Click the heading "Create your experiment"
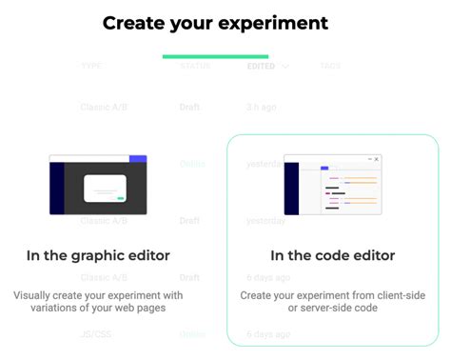(215, 23)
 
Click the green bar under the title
(215, 56)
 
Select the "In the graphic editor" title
(98, 255)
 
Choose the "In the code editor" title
(332, 255)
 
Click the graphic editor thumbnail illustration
(98, 185)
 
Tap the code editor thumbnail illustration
(332, 184)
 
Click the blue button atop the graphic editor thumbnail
(138, 158)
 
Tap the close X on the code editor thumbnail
(377, 159)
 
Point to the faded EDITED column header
(261, 67)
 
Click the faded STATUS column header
(195, 67)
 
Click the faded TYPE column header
(91, 67)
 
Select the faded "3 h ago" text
(262, 107)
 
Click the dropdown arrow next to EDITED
(285, 67)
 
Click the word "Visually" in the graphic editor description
(34, 295)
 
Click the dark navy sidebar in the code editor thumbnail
(291, 188)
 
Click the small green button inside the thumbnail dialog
(122, 197)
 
